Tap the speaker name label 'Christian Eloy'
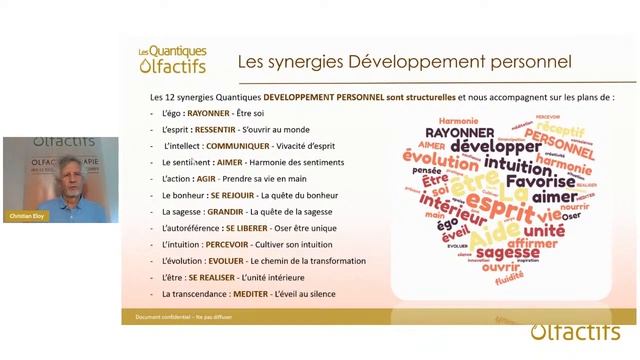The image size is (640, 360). pos(23,216)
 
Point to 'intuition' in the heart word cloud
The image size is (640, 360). pos(497,165)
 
